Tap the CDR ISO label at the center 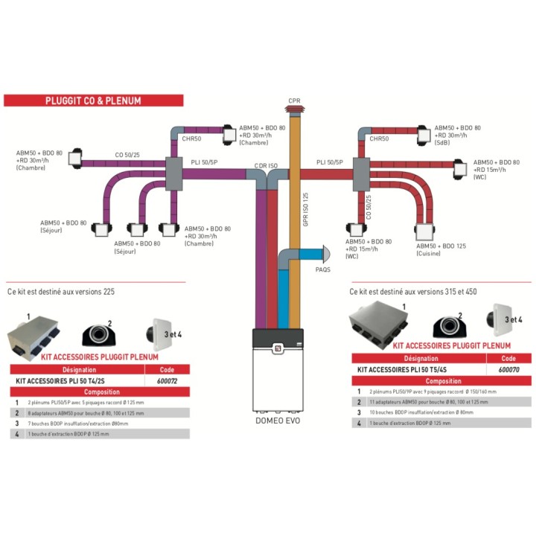[x=266, y=165]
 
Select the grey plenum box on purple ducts [x=173, y=173]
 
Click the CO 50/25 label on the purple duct [x=127, y=156]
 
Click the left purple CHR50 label [x=191, y=138]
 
